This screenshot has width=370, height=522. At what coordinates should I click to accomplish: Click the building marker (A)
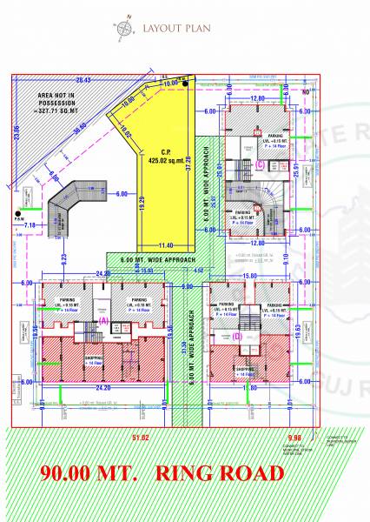click(103, 321)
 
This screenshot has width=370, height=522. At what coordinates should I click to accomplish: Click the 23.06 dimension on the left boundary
click(17, 131)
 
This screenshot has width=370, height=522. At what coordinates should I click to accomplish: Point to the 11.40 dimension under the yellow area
click(166, 245)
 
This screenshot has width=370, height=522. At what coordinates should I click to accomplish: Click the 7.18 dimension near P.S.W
click(29, 225)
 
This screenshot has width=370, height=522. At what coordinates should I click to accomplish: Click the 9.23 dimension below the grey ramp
click(64, 257)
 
